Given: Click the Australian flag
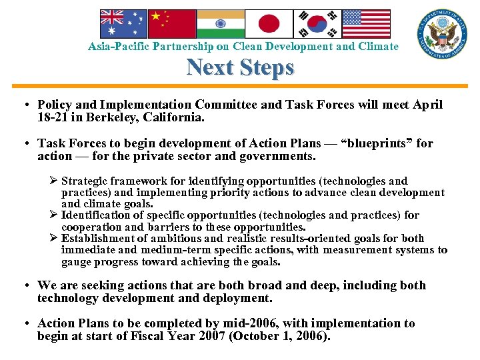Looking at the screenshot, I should click(x=123, y=23).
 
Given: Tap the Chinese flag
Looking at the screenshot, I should click(x=171, y=23).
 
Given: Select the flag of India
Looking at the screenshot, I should click(x=220, y=23).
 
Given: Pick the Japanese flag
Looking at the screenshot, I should click(x=269, y=23).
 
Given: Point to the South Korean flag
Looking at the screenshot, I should click(x=317, y=23).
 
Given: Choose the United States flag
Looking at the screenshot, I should click(x=366, y=23).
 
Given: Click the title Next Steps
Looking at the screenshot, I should click(x=240, y=67).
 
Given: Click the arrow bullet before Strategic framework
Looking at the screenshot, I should click(x=54, y=181).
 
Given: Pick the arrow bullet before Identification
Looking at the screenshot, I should click(x=54, y=215).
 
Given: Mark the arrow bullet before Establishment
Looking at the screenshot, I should click(x=54, y=239).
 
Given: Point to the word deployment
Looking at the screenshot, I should click(x=238, y=298).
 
